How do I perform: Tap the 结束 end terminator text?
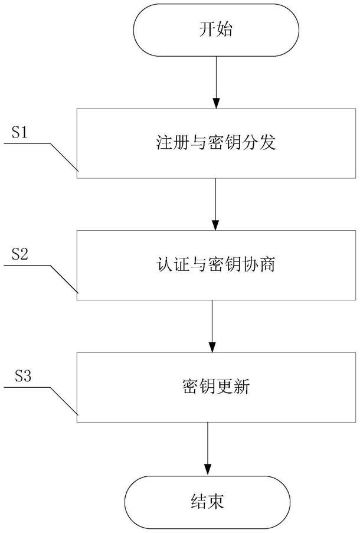(x=207, y=501)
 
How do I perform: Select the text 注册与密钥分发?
(x=216, y=143)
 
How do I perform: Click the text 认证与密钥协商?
(x=216, y=264)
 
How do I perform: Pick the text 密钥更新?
(x=216, y=387)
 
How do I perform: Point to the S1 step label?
(x=19, y=133)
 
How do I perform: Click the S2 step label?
(x=19, y=254)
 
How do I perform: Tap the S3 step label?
(x=23, y=377)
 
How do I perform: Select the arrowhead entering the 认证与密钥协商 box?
(x=215, y=225)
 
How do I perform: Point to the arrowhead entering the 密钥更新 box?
(x=212, y=348)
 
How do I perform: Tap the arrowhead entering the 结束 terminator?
(x=208, y=470)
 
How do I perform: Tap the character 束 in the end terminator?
(x=216, y=501)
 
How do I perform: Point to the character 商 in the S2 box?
(x=267, y=264)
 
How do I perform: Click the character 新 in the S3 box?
(x=242, y=387)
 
